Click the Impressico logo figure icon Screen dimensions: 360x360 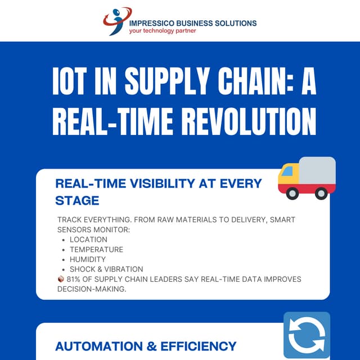click(x=115, y=20)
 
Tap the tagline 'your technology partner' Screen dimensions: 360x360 click(x=163, y=31)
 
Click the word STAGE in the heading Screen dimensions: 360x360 click(x=77, y=200)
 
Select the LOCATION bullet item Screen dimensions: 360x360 click(x=88, y=239)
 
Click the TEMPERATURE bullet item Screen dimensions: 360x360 click(x=96, y=249)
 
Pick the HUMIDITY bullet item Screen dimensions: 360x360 click(x=88, y=259)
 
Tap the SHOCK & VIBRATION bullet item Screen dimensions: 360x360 click(x=106, y=269)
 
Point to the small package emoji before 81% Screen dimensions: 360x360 click(x=61, y=279)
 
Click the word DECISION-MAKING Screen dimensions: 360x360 click(x=92, y=289)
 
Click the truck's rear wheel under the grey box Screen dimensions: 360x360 click(x=321, y=193)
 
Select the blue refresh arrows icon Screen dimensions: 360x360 click(x=307, y=335)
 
